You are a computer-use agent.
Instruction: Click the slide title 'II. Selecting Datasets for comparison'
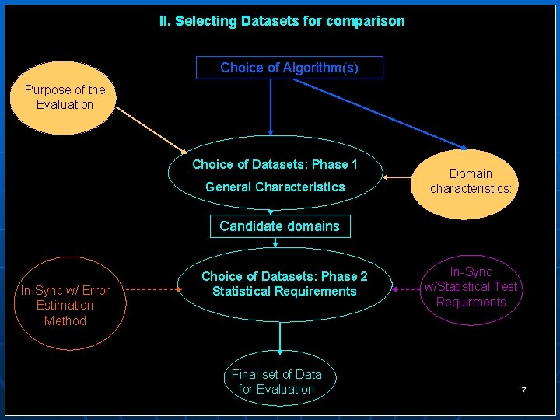point(282,21)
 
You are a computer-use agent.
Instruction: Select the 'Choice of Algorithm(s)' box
point(289,68)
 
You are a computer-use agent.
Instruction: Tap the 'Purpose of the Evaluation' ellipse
point(65,98)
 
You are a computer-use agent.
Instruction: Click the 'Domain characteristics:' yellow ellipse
point(471,181)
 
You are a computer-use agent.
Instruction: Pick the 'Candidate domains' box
point(279,226)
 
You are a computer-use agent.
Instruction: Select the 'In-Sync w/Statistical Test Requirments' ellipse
point(471,287)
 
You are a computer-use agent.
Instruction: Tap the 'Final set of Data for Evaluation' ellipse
point(277,381)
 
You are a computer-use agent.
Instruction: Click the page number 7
point(523,389)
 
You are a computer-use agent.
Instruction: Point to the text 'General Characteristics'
point(275,187)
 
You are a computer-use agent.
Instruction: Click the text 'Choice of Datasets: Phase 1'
point(275,164)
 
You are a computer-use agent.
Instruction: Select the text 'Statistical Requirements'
point(284,292)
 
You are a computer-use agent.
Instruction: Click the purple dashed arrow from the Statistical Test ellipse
point(404,289)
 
